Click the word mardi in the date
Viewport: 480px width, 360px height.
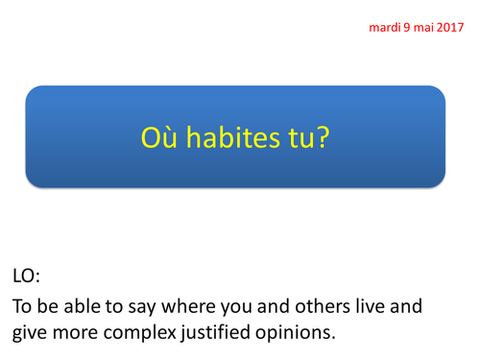(x=386, y=27)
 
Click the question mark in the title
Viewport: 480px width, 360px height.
(x=324, y=137)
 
